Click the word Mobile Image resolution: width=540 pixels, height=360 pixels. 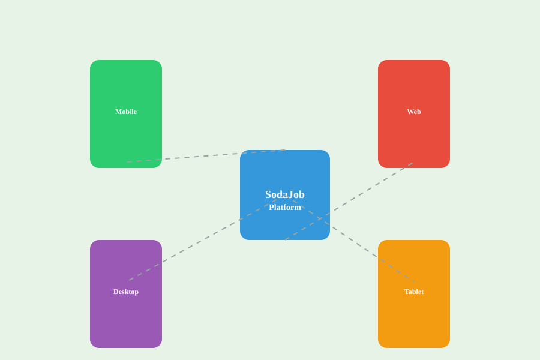coord(126,112)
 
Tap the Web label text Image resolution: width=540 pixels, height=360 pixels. coord(414,112)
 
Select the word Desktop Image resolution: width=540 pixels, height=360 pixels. coord(126,292)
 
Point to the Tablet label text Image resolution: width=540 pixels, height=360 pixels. coord(414,292)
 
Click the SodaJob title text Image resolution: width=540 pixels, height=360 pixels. coord(285,194)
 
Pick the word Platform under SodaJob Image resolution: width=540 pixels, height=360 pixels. coord(285,208)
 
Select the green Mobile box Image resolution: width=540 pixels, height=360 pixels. coord(126,114)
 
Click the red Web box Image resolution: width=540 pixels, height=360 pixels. coord(414,114)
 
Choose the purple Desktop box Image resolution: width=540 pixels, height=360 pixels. coord(126,294)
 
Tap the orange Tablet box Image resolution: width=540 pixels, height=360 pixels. coord(414,294)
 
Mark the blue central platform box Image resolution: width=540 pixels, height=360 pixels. coord(285,195)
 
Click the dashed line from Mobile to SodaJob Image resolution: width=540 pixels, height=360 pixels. coord(206,156)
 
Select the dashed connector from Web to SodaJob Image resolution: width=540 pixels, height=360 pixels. coord(349,201)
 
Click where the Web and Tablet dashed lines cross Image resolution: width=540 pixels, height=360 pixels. coord(320,218)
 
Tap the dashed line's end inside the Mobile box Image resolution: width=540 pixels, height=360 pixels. coord(127,162)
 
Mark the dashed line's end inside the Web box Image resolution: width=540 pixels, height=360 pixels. coord(412,163)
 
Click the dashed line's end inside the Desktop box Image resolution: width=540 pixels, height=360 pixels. coord(129,280)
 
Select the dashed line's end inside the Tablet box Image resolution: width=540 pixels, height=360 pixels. coord(414,282)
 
